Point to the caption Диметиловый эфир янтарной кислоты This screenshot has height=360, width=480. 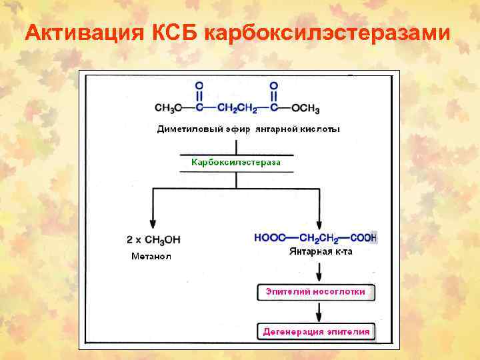pyautogui.click(x=248, y=129)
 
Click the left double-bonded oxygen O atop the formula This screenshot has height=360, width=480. pyautogui.click(x=198, y=85)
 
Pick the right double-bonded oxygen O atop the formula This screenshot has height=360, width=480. pyautogui.click(x=273, y=85)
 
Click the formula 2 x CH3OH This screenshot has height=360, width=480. pyautogui.click(x=154, y=239)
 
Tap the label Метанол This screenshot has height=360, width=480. pyautogui.click(x=151, y=256)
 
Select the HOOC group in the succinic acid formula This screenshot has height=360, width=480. pyautogui.click(x=270, y=237)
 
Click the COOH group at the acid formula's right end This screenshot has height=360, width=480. pyautogui.click(x=362, y=237)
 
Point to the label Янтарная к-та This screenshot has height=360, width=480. pyautogui.click(x=321, y=252)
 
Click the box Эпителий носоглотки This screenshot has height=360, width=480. pyautogui.click(x=315, y=292)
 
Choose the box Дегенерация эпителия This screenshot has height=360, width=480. pyautogui.click(x=315, y=331)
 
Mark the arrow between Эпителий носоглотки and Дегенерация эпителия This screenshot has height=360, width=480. pyautogui.click(x=319, y=311)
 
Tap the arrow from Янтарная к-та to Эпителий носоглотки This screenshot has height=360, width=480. pyautogui.click(x=319, y=271)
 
